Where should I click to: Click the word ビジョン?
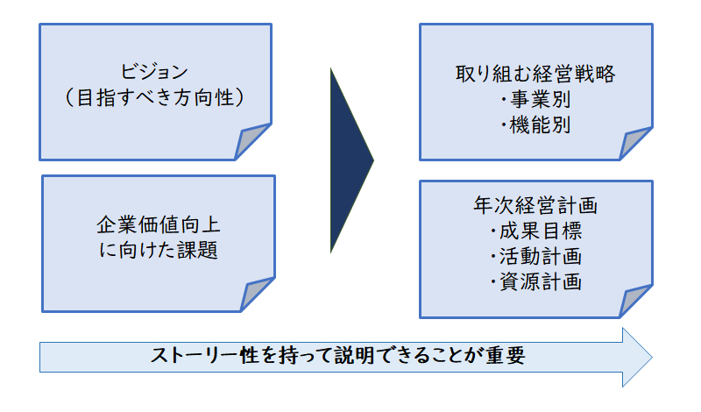[x=154, y=72]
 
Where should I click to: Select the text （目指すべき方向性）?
[x=155, y=97]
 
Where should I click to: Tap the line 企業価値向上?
[x=159, y=224]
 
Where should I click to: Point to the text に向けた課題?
[x=159, y=250]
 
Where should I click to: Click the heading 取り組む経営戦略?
[x=535, y=74]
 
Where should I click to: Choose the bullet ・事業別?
[x=535, y=99]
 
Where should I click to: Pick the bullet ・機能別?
[x=535, y=124]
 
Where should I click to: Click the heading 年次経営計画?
[x=535, y=205]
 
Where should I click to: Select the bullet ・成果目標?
[x=535, y=231]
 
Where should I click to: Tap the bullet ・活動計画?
[x=535, y=256]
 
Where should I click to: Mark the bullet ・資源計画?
[x=535, y=281]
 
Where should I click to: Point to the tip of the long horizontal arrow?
[x=652, y=357]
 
